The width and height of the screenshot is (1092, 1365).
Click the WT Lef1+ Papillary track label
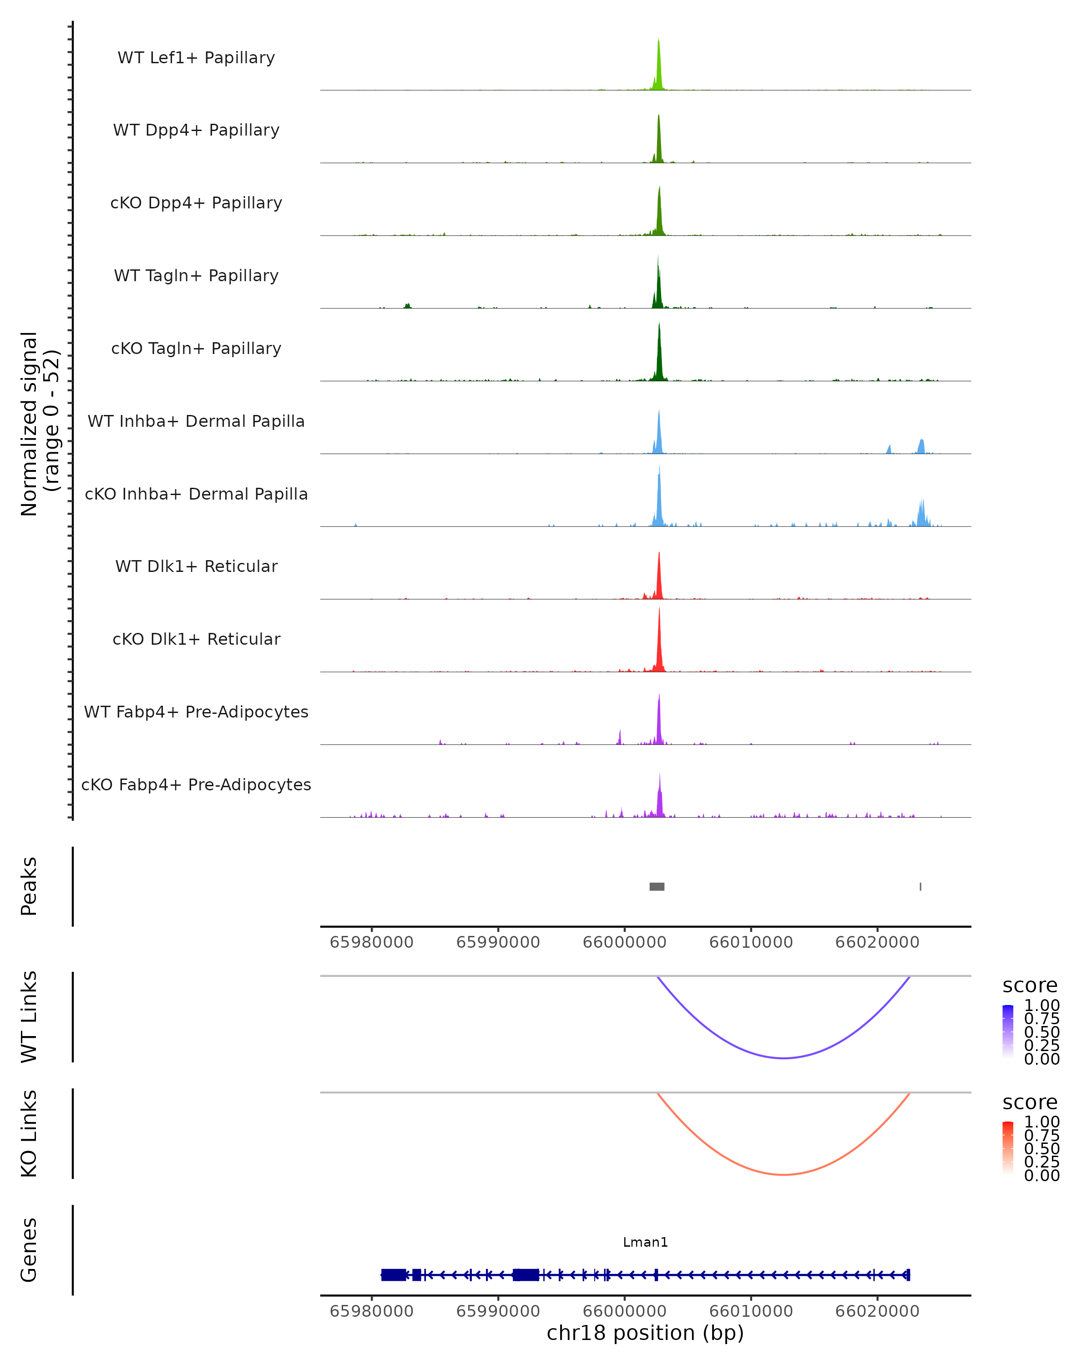click(196, 58)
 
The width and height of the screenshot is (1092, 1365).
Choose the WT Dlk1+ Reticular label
click(196, 566)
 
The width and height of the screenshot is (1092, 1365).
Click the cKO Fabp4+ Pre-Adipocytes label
click(196, 784)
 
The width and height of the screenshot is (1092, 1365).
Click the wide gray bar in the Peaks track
click(657, 886)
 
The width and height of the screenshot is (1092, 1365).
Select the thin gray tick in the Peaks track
click(920, 886)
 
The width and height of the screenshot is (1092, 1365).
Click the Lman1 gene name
click(645, 1242)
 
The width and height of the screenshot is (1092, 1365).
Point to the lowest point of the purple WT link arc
click(784, 1058)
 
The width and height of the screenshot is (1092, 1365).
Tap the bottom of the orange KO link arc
click(784, 1174)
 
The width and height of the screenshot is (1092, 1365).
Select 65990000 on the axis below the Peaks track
click(498, 942)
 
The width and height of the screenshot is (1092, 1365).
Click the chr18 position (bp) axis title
click(645, 1333)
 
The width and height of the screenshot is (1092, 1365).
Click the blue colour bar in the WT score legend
click(1008, 1031)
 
